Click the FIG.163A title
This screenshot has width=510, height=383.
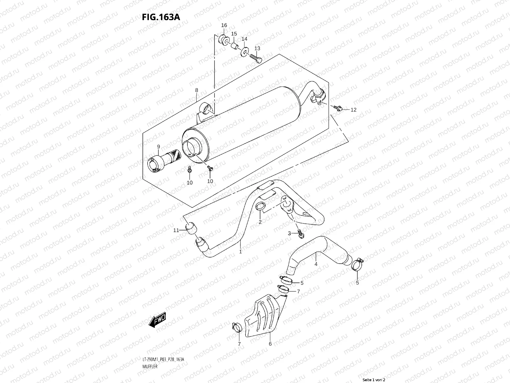click(161, 17)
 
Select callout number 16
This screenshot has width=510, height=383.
click(224, 26)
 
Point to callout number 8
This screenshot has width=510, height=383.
click(197, 90)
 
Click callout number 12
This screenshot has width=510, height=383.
click(353, 110)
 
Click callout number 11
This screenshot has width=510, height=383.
click(176, 230)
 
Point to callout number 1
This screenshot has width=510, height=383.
click(240, 252)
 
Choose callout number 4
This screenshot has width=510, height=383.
click(316, 264)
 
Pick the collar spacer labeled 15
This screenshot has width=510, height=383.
click(235, 45)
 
